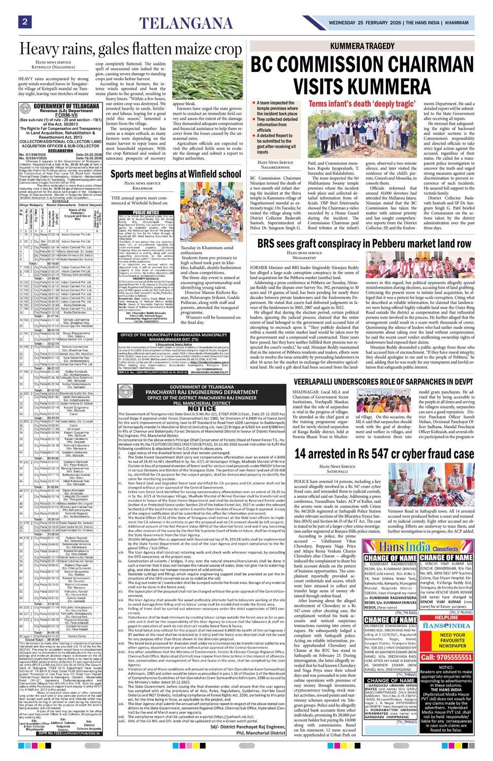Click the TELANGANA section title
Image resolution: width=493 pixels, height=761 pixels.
click(186, 23)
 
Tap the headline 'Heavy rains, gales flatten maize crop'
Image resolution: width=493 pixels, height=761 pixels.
click(130, 49)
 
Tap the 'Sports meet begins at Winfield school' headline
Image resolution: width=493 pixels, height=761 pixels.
click(175, 174)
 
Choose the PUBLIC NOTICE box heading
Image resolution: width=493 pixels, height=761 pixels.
click(146, 213)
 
